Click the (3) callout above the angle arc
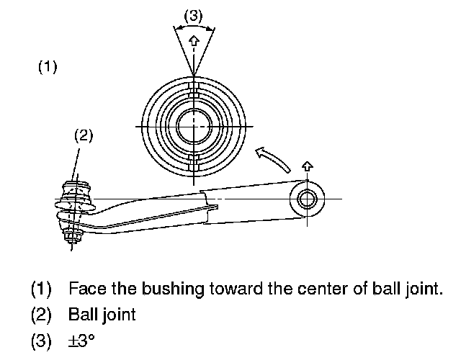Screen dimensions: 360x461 click(193, 14)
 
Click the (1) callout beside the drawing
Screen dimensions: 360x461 click(47, 68)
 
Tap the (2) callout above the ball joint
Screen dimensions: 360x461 click(84, 135)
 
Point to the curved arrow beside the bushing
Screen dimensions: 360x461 click(273, 158)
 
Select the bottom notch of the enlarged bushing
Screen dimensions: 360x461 click(193, 160)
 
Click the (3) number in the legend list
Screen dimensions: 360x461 click(41, 339)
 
